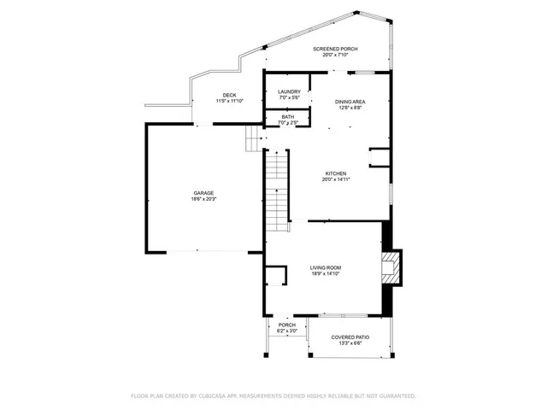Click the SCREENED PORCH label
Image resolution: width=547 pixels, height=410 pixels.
(329, 50)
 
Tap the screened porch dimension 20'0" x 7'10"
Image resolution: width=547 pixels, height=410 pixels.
(329, 56)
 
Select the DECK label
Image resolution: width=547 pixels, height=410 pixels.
(229, 95)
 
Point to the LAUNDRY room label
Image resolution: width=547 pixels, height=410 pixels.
(289, 91)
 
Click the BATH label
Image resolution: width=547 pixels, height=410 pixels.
(288, 117)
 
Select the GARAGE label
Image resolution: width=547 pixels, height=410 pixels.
(203, 193)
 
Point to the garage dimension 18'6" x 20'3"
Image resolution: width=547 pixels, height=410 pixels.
(203, 199)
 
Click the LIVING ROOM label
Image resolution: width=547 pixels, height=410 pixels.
(325, 268)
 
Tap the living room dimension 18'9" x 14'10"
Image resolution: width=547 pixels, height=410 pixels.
(325, 274)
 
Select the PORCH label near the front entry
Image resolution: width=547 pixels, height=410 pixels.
(287, 325)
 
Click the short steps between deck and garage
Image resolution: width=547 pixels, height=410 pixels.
(253, 138)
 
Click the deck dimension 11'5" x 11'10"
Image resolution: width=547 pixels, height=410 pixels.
(229, 101)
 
